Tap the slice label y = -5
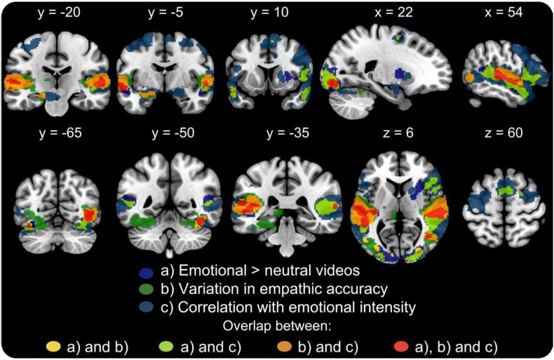164,13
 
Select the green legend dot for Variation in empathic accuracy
145,289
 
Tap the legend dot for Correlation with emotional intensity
145,307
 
